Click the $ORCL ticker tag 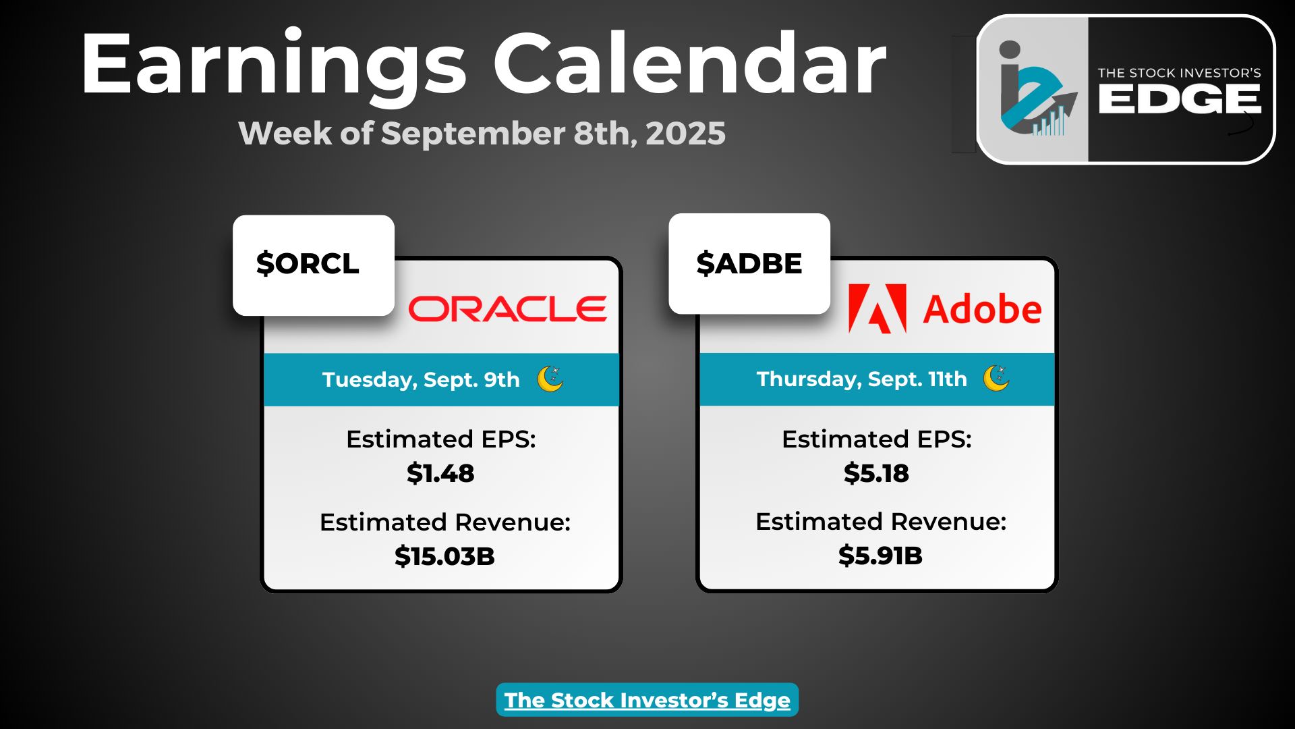point(314,265)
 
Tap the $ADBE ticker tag point(749,263)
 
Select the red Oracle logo point(507,309)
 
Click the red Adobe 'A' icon point(877,308)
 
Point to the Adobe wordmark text point(982,309)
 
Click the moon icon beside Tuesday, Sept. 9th point(550,379)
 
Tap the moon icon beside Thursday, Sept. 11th point(996,378)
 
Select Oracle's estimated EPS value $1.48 point(440,473)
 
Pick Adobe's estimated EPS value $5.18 point(876,473)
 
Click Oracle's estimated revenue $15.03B point(444,556)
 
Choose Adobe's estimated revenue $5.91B point(880,556)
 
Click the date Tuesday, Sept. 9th point(421,379)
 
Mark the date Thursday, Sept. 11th point(861,379)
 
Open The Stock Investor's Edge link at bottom point(647,700)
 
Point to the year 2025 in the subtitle point(685,133)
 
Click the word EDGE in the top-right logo point(1179,100)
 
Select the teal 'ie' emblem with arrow point(1034,88)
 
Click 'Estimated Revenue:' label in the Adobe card point(881,522)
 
